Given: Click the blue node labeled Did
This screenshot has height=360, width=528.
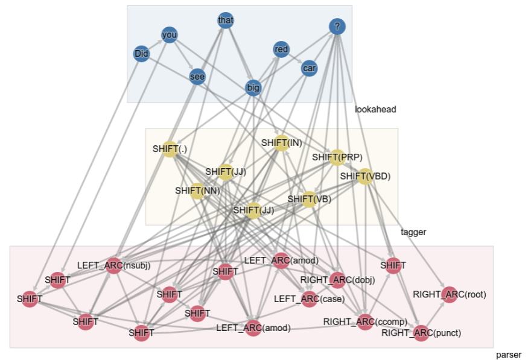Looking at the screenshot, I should pos(141,54).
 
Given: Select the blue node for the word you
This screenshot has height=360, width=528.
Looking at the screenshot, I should pos(170,35).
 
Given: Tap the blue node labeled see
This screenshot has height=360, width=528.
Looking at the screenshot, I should pos(197,77).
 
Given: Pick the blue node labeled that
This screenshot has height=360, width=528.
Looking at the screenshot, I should pos(226,21).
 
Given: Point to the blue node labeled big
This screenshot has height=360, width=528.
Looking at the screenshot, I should pos(253,88).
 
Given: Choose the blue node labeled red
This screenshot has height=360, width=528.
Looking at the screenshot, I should pos(281,49).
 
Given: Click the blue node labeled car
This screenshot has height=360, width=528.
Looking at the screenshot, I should pos(310,69).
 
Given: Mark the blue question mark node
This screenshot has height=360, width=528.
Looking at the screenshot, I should pos(337,27).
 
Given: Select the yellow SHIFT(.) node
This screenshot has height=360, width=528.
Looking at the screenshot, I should pos(170,149).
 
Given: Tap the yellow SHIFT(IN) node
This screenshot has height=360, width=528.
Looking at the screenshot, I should pos(281,144).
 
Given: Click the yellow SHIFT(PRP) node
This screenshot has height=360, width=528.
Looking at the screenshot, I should pos(337,157).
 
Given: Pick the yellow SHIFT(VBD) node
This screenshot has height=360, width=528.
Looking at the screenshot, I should pos(365,177).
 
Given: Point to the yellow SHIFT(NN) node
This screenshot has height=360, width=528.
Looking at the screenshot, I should pos(197,191).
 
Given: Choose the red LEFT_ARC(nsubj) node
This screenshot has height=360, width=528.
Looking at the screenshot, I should pos(114,265).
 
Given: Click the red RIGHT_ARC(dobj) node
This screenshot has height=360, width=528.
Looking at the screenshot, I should pos(337,279).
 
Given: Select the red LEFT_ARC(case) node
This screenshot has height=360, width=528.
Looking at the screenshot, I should pos(310,299).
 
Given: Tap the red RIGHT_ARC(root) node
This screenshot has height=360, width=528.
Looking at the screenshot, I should pos(450,294).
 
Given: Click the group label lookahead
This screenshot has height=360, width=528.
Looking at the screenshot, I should pos(375,109).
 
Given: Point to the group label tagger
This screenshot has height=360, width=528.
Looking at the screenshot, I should pos(413,232).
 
